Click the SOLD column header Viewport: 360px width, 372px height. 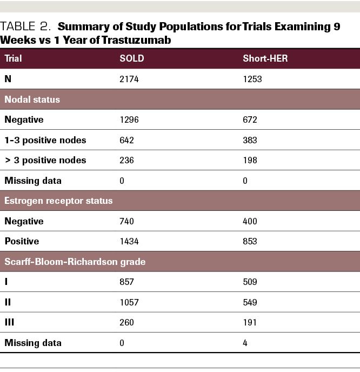tap(131, 58)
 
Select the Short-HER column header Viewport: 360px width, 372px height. tap(265, 58)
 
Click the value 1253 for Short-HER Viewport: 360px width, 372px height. tap(252, 79)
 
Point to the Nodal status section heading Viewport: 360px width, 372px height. tap(32, 99)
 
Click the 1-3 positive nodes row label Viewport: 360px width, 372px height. tap(45, 140)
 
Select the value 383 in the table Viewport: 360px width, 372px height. tap(250, 140)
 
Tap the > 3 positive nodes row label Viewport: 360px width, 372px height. tap(45, 160)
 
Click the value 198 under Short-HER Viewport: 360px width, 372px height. tap(250, 160)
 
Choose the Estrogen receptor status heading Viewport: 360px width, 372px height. tap(58, 201)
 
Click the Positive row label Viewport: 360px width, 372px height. tap(22, 241)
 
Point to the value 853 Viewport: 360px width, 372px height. tap(250, 241)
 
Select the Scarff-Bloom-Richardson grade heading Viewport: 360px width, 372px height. tap(75, 262)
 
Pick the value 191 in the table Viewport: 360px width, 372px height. tap(250, 322)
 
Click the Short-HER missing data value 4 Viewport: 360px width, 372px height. tap(245, 343)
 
